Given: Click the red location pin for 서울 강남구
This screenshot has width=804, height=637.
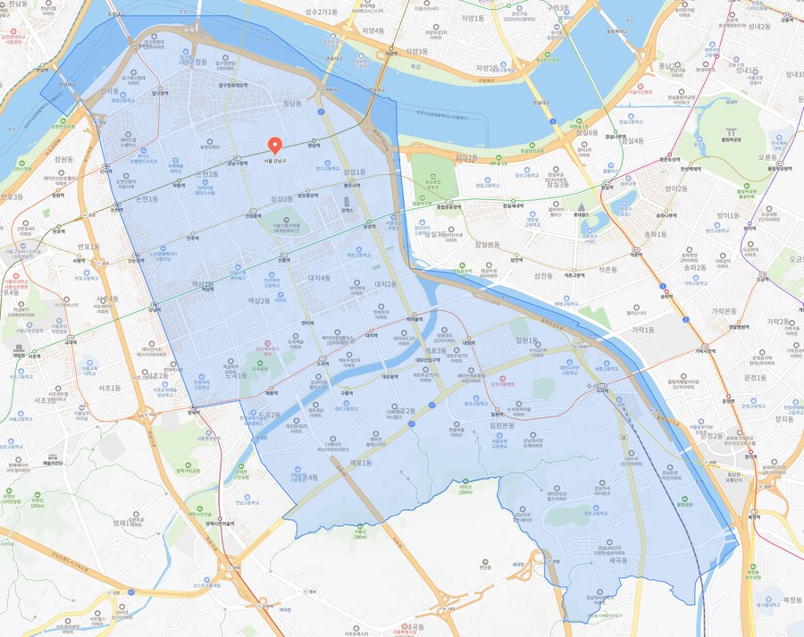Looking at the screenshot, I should pyautogui.click(x=275, y=146).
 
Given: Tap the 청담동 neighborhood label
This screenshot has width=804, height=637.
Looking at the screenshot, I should pyautogui.click(x=292, y=104).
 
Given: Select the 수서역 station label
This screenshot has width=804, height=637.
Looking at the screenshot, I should pyautogui.click(x=601, y=390).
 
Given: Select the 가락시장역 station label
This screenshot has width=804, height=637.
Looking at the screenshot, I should pyautogui.click(x=708, y=350).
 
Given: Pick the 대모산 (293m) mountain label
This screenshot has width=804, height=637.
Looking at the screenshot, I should pyautogui.click(x=465, y=488).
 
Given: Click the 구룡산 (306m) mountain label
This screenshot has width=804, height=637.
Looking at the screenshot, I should pyautogui.click(x=359, y=533).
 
